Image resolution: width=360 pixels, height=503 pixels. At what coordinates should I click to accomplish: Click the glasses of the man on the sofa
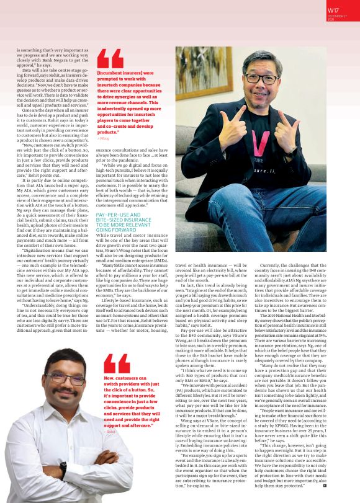(271, 78)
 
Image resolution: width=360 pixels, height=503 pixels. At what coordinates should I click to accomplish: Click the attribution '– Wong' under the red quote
(103, 138)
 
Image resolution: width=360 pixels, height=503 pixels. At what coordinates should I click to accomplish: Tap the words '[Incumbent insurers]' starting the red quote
(117, 72)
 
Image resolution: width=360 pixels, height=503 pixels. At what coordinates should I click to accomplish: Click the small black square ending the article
(324, 485)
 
